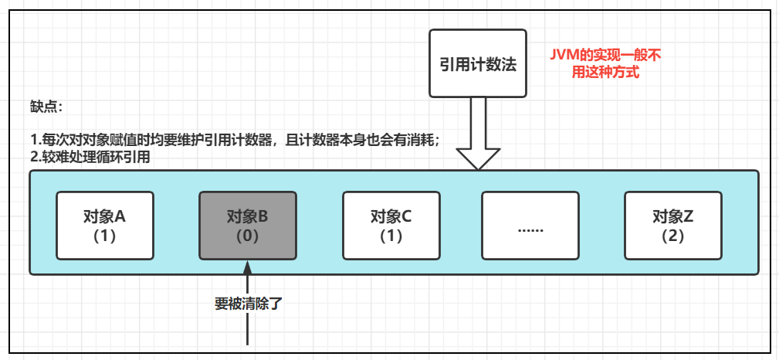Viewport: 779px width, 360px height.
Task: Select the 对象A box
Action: coord(104,226)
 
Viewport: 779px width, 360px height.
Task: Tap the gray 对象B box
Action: coord(247,226)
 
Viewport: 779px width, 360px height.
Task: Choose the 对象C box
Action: coord(391,226)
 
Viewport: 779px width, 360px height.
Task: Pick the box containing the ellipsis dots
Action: coord(530,226)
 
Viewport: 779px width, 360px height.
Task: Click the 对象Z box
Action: coord(672,226)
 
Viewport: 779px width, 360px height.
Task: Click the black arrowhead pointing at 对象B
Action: coord(247,267)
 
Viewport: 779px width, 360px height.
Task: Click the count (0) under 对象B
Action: coord(247,236)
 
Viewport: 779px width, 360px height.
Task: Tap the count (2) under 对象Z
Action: coord(672,236)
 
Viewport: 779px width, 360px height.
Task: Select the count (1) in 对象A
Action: coord(104,236)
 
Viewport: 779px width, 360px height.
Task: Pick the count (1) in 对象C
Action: coord(391,236)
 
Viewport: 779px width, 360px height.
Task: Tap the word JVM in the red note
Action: coord(563,56)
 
